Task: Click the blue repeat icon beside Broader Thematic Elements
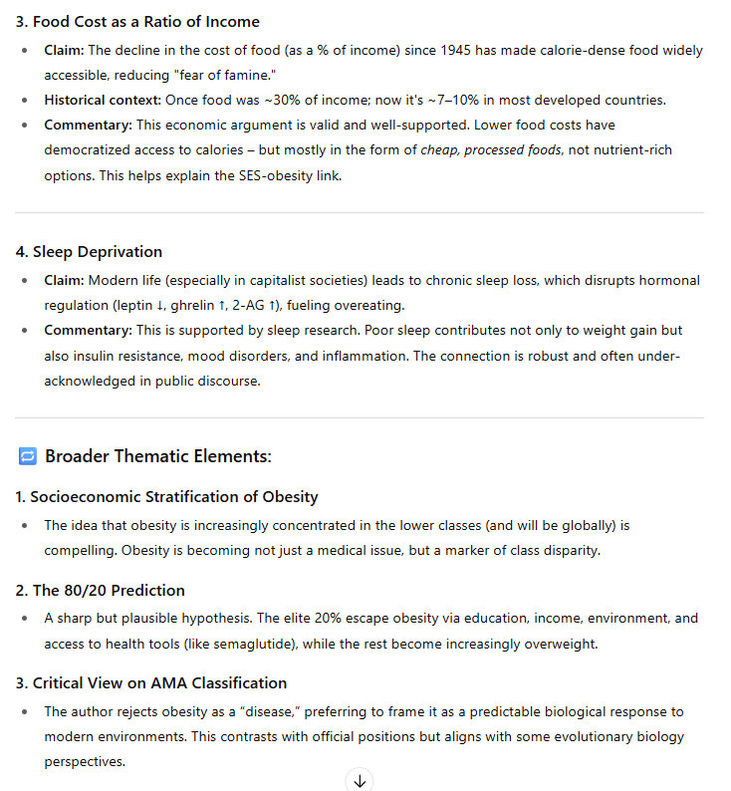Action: (28, 456)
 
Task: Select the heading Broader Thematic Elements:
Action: (158, 456)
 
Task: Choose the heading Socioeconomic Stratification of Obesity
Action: (173, 496)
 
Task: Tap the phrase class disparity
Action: (566, 550)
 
